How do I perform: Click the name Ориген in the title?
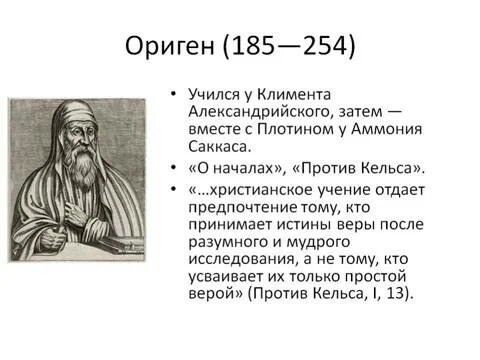170,46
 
